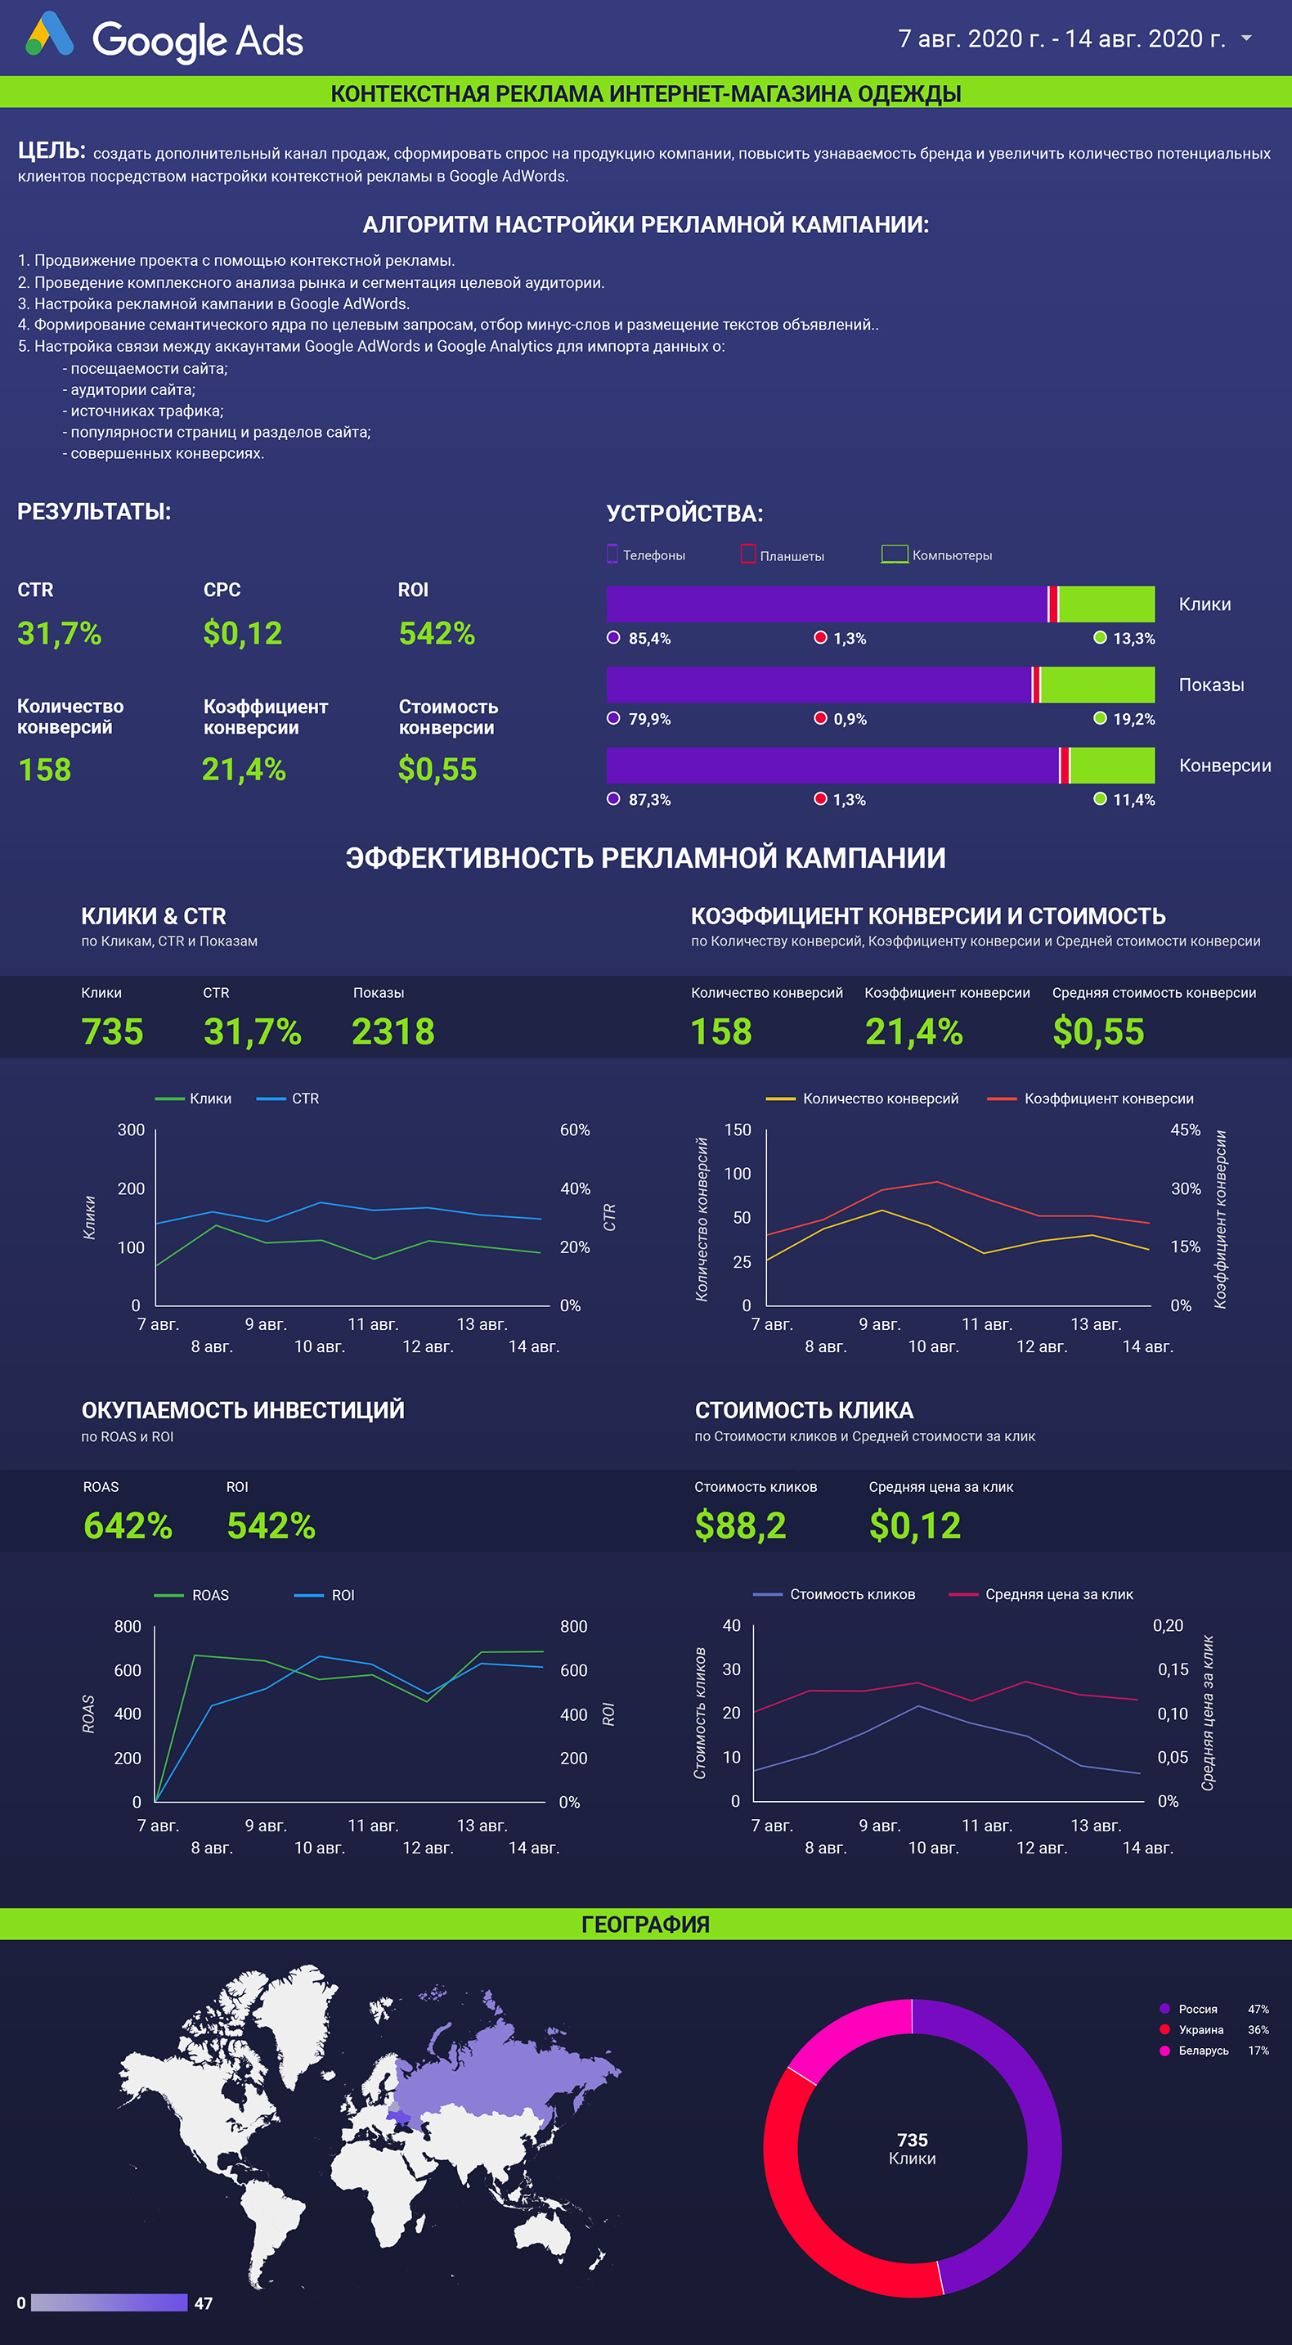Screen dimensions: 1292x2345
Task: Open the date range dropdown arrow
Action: coord(1246,38)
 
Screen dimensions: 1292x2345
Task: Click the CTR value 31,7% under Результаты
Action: coord(59,633)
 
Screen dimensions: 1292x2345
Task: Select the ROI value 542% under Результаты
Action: coord(437,633)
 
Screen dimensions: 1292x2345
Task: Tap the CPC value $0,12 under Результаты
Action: coord(243,633)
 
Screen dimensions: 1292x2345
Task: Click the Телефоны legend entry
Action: coord(646,555)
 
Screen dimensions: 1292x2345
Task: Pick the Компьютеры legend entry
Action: coord(936,555)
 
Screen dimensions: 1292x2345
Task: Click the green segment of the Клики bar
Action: coord(1107,604)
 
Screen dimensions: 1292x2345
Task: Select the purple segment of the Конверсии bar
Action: coord(832,765)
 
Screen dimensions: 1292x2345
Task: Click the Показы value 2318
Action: coord(393,1031)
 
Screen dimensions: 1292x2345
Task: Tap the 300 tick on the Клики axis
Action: coord(131,1130)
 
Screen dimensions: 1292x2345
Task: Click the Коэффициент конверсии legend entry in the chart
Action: coord(1090,1098)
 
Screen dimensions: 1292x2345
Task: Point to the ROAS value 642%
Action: coord(128,1525)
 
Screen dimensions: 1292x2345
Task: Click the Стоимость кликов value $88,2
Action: coord(741,1525)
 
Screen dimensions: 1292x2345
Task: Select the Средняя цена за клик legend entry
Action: coord(1041,1594)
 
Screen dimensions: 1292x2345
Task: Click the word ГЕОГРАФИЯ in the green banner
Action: coord(646,1924)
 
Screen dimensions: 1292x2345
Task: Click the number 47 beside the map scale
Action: coord(204,2303)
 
